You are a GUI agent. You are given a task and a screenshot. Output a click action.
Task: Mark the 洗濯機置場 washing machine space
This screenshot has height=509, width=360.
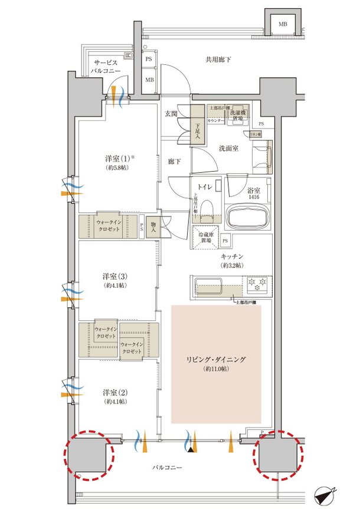pyautogui.click(x=239, y=113)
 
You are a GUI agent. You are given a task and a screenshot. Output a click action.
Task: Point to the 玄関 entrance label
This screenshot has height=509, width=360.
pyautogui.click(x=172, y=114)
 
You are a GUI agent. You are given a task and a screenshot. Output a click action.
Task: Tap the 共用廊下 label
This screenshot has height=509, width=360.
pyautogui.click(x=218, y=60)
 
